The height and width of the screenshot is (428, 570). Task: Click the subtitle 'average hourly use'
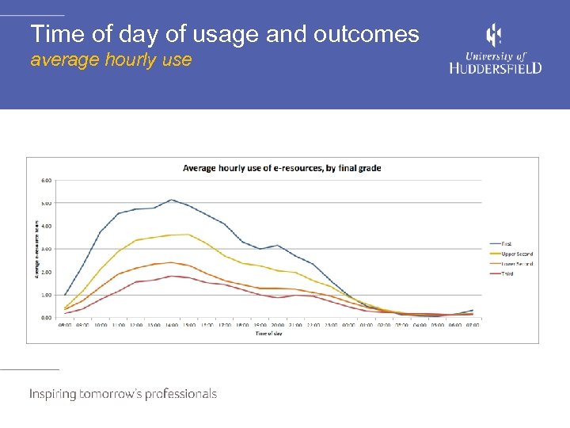click(x=111, y=59)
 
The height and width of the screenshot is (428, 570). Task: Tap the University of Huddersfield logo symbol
click(x=494, y=36)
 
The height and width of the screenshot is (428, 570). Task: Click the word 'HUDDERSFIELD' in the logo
click(x=496, y=68)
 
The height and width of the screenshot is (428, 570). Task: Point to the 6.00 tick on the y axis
click(x=46, y=180)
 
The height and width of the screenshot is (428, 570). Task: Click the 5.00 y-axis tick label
click(x=46, y=203)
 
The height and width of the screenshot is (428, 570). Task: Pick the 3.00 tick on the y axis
click(x=46, y=249)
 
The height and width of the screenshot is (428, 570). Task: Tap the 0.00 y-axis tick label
click(x=46, y=318)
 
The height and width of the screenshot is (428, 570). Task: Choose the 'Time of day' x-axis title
click(x=268, y=334)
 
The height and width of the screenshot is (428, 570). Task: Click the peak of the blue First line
click(x=172, y=200)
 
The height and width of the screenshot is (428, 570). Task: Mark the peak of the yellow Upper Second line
click(x=188, y=234)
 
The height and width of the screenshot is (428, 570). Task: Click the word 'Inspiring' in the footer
click(x=53, y=394)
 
